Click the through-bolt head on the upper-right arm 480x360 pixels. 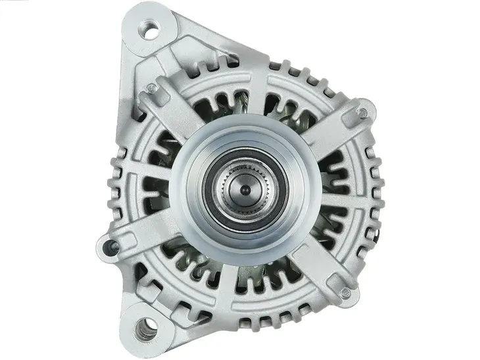pyautogui.click(x=362, y=112)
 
